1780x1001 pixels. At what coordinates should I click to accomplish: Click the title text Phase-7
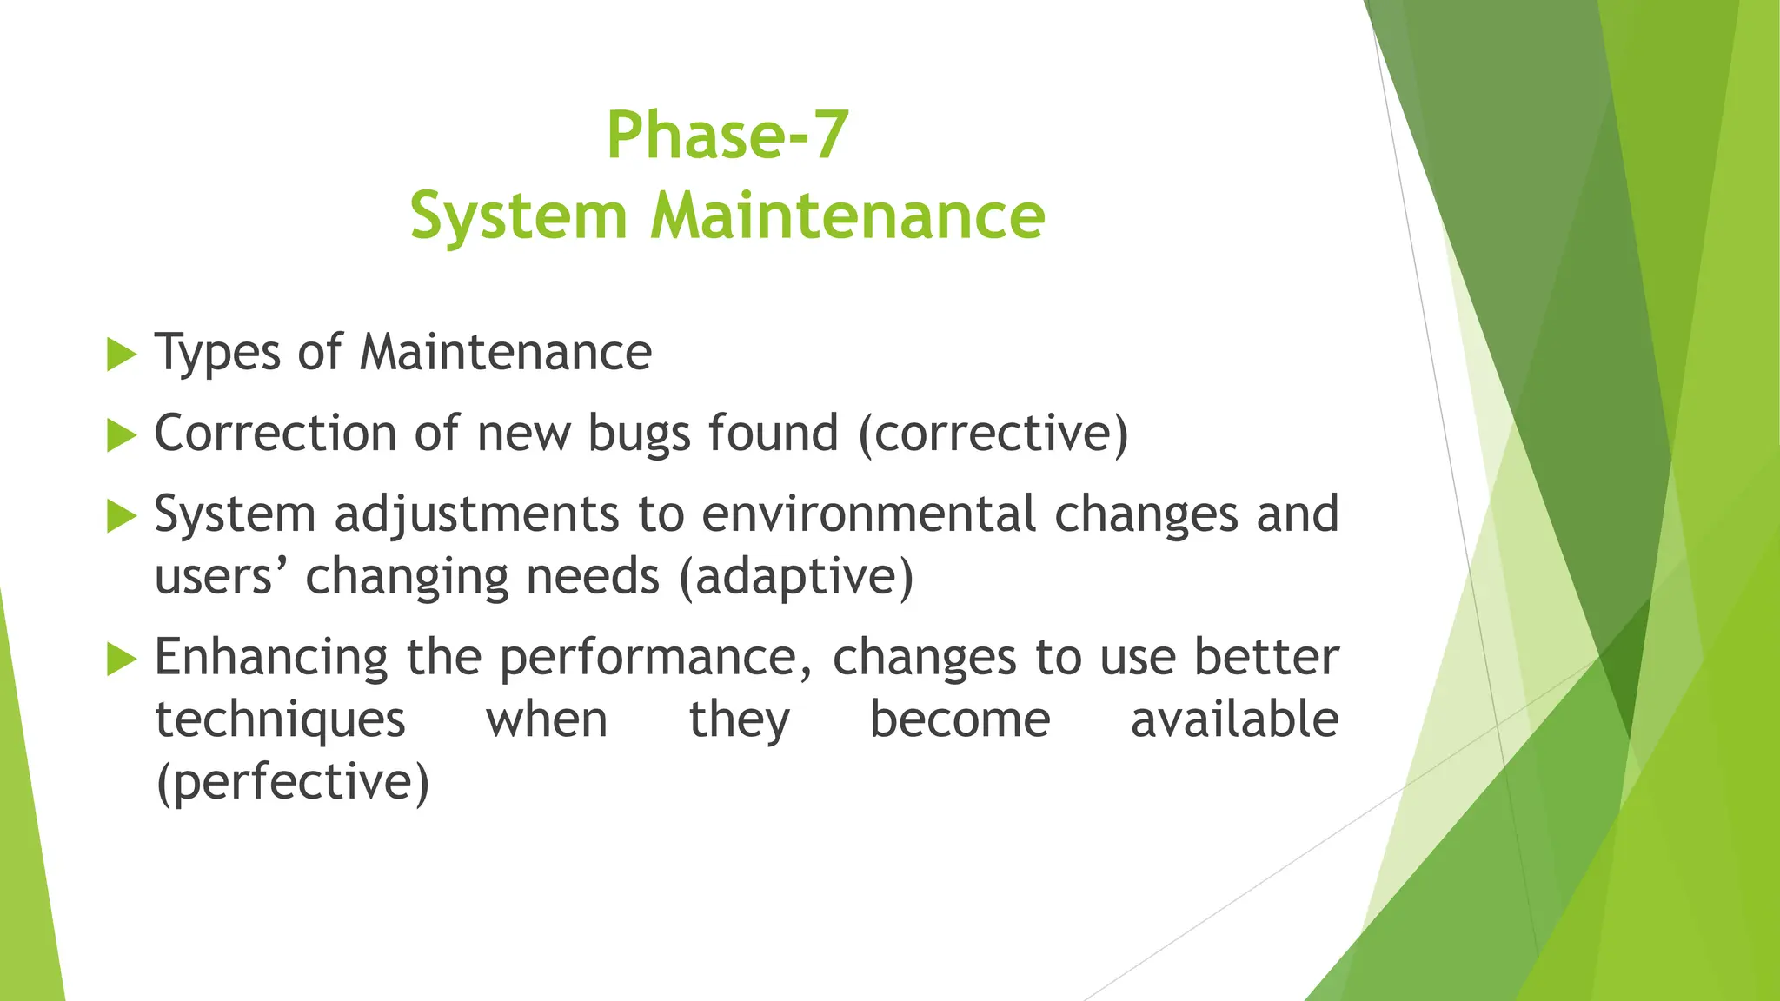coord(727,136)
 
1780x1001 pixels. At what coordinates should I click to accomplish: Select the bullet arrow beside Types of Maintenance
coord(122,355)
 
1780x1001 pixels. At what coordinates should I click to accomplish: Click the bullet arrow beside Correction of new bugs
coord(122,434)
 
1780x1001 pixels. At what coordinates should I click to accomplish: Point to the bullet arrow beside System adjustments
coord(122,516)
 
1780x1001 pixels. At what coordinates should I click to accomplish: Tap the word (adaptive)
coord(796,576)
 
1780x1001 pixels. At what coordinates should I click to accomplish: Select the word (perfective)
coord(292,781)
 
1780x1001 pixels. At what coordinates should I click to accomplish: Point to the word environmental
coord(868,514)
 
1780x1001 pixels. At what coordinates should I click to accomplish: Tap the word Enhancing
coord(271,658)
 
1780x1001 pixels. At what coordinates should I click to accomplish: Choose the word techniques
coord(280,720)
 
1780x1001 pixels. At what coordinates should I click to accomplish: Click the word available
coord(1234,719)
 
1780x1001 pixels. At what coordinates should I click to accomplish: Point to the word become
coord(960,719)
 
